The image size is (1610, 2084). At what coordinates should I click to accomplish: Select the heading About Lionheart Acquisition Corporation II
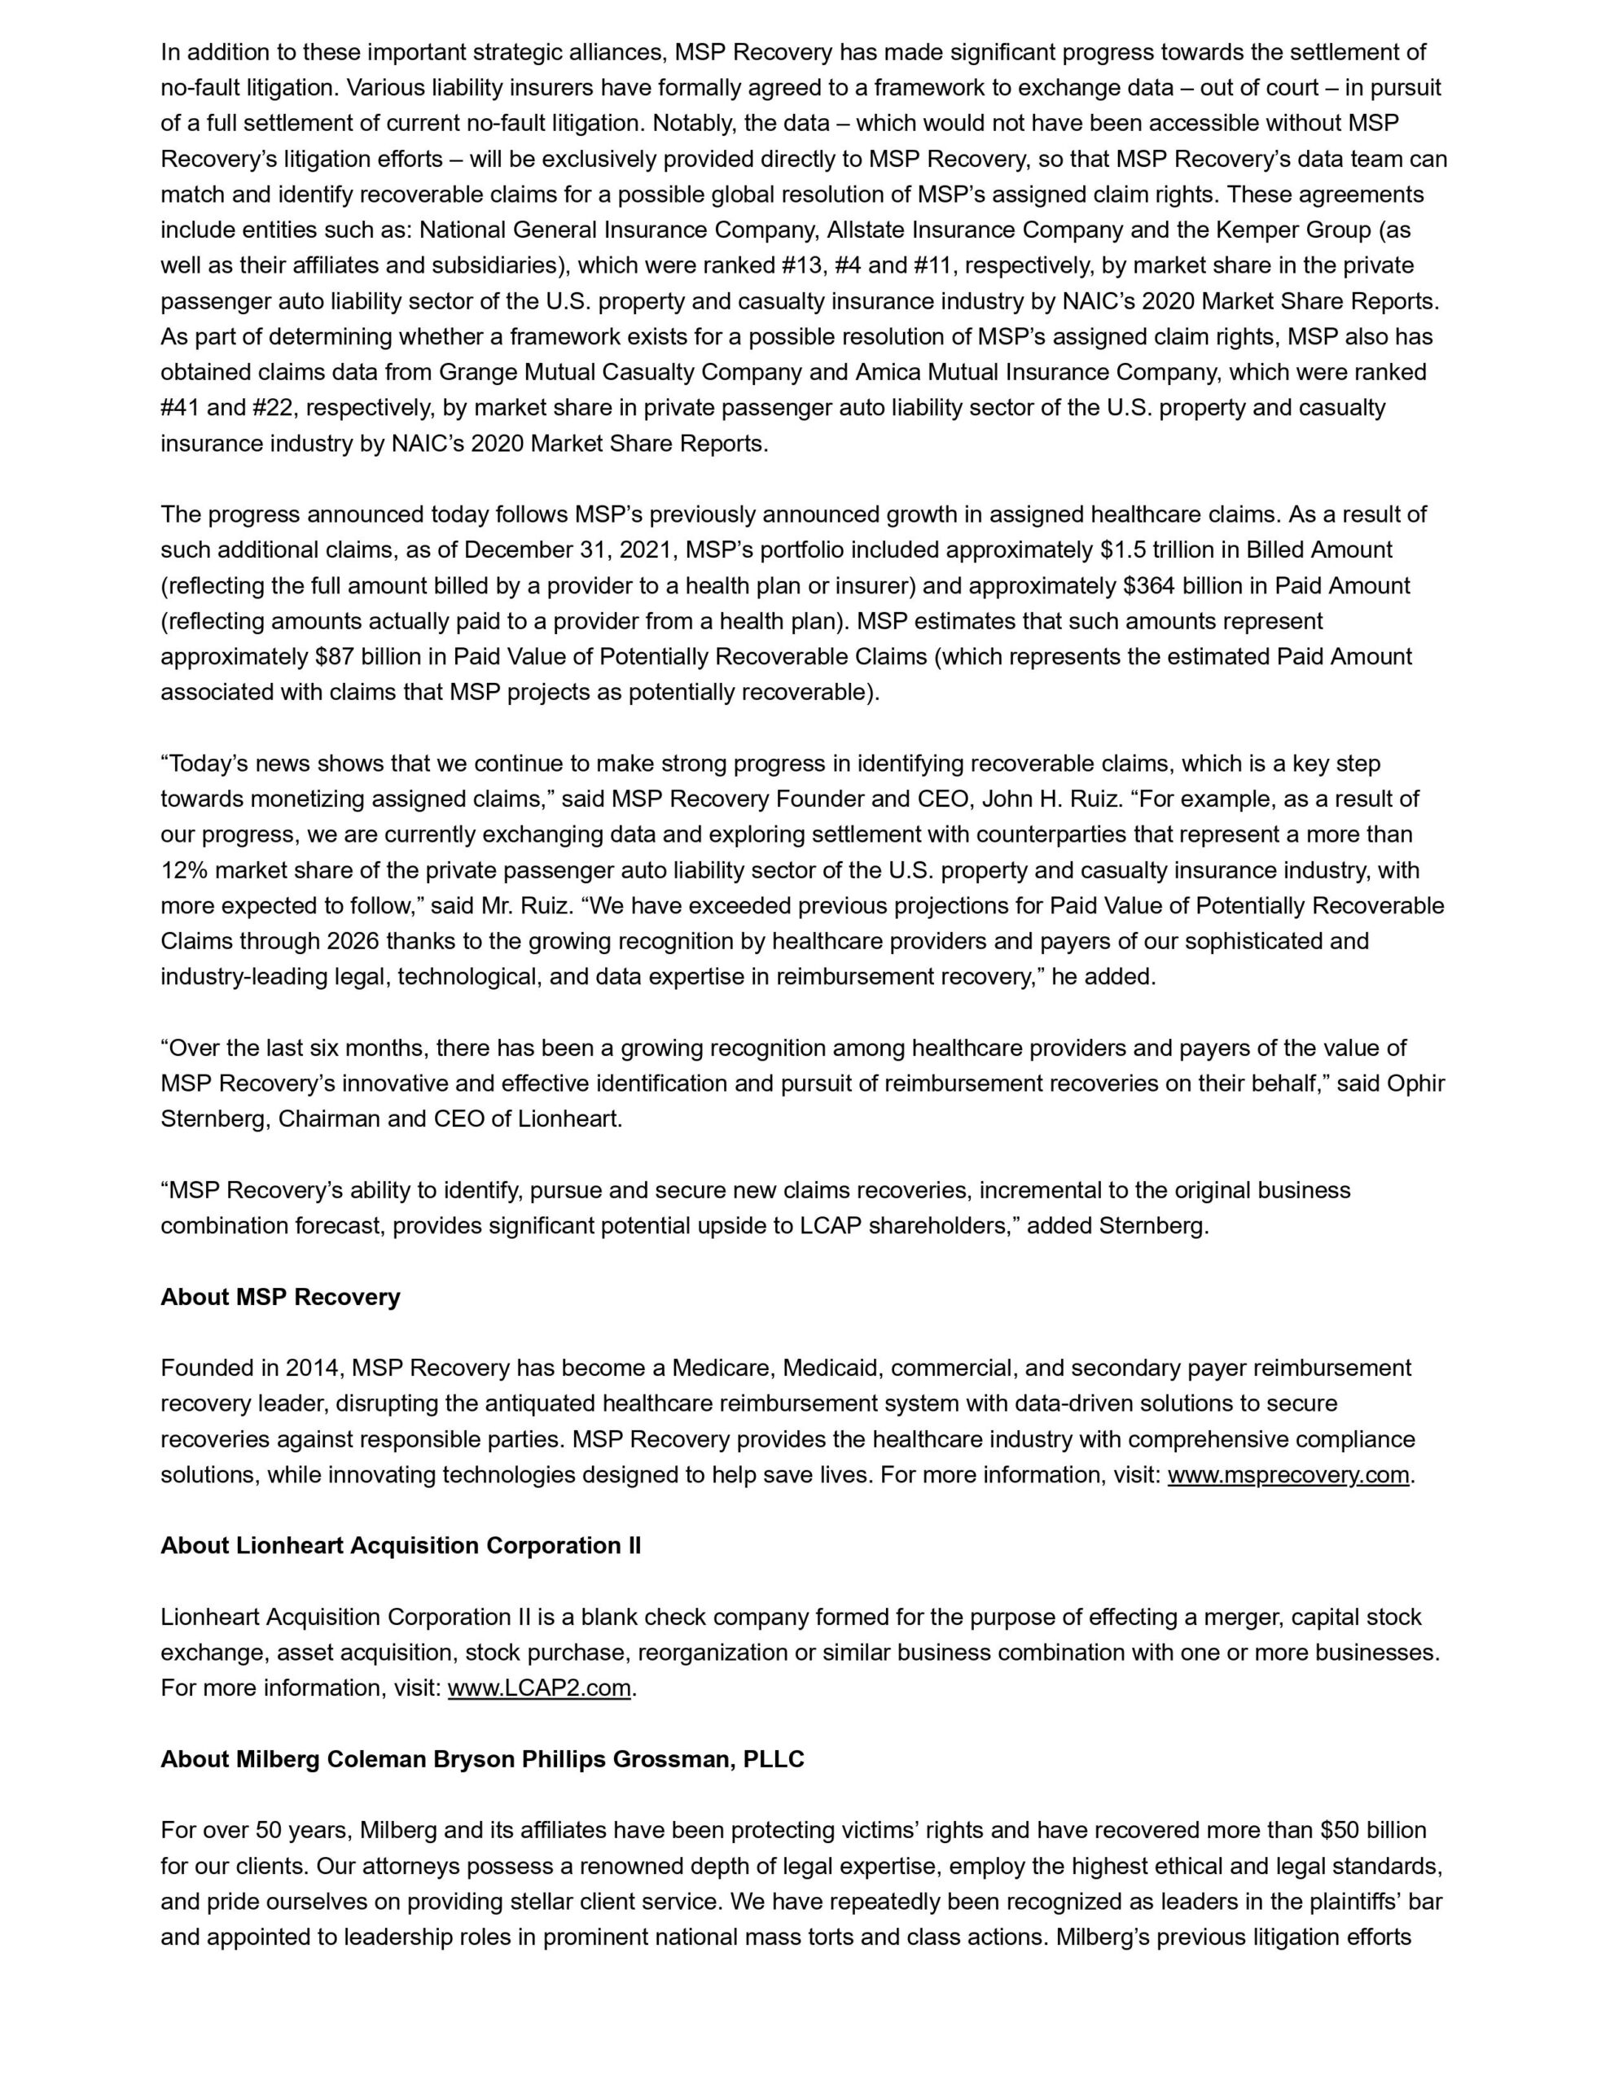[400, 1546]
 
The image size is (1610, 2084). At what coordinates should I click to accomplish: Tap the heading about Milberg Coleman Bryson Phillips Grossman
[482, 1758]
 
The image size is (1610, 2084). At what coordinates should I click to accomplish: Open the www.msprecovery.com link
[1288, 1475]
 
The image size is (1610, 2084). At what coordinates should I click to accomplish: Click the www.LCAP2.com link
[539, 1688]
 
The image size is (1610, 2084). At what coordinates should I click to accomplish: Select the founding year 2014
[312, 1368]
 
